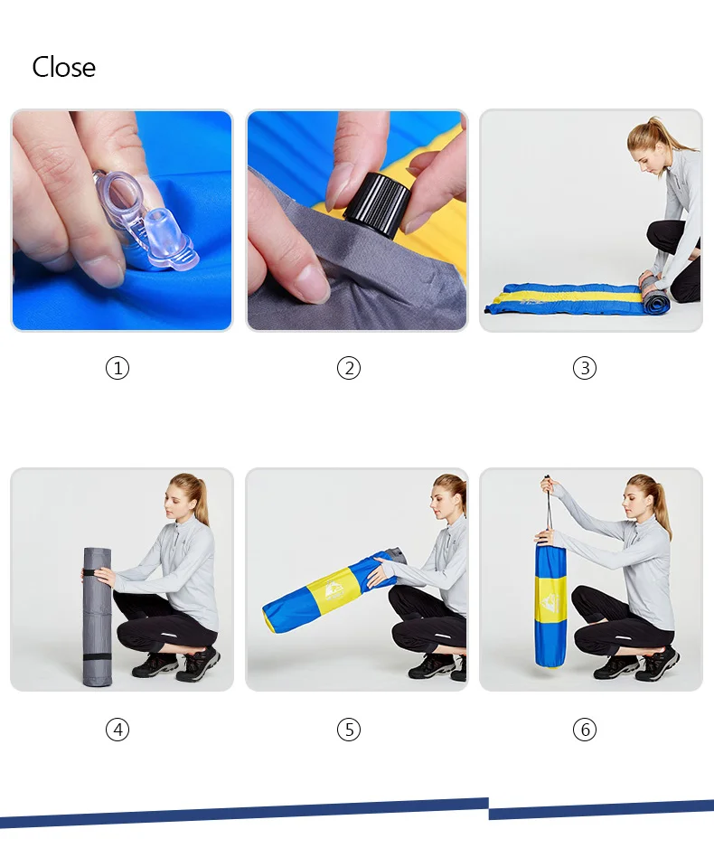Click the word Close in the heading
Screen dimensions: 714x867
click(63, 67)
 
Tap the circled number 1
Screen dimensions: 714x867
click(117, 368)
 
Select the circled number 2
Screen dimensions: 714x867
click(349, 368)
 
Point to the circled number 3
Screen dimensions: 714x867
click(585, 368)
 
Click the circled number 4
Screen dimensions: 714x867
click(117, 730)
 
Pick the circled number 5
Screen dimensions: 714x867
click(349, 730)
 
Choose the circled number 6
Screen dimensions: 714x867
click(585, 730)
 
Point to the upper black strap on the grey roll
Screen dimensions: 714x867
click(98, 572)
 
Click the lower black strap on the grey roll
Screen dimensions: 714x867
click(98, 657)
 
